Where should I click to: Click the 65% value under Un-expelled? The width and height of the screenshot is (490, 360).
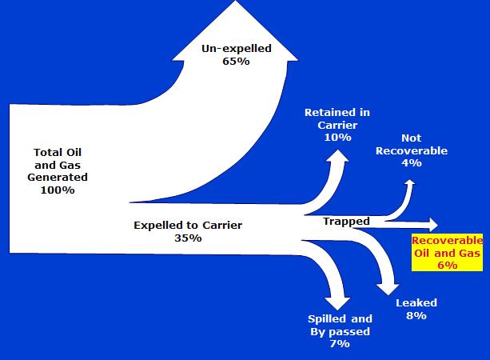236,61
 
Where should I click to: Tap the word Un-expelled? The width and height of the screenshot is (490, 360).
237,49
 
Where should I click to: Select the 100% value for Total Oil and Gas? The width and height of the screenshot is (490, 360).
58,190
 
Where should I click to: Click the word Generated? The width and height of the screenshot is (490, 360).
58,178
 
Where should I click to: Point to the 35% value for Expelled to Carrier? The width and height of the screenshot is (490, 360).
188,238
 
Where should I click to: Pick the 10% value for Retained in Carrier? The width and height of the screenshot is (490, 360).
337,138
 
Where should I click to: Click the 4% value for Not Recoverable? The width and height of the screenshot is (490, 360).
412,163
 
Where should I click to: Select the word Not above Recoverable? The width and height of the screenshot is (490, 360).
411,138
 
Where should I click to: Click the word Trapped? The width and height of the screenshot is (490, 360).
346,222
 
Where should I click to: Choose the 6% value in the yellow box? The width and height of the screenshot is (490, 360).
447,266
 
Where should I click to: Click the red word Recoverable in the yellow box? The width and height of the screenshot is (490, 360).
447,241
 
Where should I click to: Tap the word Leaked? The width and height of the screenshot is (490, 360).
416,302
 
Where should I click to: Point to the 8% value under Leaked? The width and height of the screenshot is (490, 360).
416,315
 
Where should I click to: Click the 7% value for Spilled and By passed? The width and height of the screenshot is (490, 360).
340,344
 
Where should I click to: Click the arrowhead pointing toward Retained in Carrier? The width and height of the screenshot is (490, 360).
338,156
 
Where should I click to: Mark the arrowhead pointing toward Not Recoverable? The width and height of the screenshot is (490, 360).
410,182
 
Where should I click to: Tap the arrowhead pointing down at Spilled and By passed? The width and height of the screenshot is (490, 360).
337,303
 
